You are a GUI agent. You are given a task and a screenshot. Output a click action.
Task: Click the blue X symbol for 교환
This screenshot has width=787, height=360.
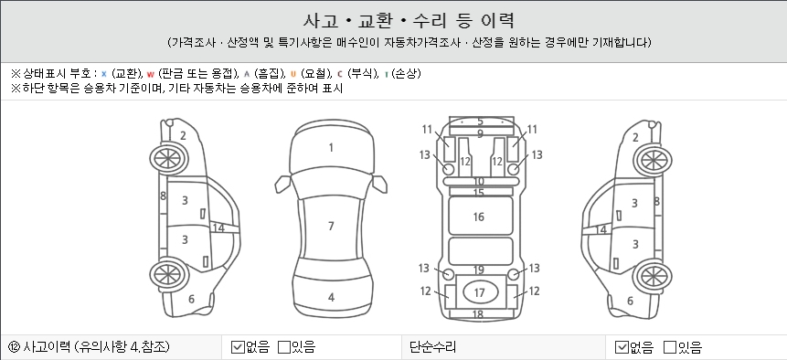pyautogui.click(x=104, y=74)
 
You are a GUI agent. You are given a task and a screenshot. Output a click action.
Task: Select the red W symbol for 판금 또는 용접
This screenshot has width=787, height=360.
pyautogui.click(x=151, y=75)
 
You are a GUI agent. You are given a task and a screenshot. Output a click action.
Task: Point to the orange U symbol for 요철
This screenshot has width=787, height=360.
pyautogui.click(x=293, y=74)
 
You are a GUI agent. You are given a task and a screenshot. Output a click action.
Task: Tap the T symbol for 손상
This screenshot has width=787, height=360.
pyautogui.click(x=386, y=75)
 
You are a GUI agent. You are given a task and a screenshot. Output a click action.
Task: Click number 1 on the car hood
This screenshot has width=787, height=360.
pyautogui.click(x=331, y=147)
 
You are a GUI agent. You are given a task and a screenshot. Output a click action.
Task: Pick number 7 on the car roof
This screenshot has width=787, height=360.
pyautogui.click(x=331, y=226)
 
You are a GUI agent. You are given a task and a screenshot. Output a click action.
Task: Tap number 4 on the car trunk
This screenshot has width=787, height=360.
pyautogui.click(x=331, y=297)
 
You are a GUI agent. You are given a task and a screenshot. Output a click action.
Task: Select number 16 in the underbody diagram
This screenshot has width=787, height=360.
pyautogui.click(x=478, y=217)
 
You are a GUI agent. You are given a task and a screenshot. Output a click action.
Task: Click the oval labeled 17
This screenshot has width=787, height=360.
pyautogui.click(x=480, y=291)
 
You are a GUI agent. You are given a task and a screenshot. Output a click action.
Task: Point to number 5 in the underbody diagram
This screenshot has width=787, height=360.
pyautogui.click(x=480, y=122)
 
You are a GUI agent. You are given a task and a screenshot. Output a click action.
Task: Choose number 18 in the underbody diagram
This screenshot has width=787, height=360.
pyautogui.click(x=478, y=314)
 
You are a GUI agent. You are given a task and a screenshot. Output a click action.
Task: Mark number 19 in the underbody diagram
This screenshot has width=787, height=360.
pyautogui.click(x=479, y=270)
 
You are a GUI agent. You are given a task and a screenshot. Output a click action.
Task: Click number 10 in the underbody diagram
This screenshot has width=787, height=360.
pyautogui.click(x=479, y=181)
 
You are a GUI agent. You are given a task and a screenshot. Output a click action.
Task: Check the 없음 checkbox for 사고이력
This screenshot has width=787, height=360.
pyautogui.click(x=238, y=347)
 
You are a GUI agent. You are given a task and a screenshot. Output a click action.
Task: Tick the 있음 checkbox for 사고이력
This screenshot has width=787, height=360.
pyautogui.click(x=284, y=347)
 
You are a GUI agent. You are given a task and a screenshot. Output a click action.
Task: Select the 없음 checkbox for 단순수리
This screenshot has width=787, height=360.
pyautogui.click(x=622, y=347)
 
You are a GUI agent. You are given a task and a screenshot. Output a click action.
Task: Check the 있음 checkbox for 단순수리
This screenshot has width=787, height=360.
pyautogui.click(x=670, y=347)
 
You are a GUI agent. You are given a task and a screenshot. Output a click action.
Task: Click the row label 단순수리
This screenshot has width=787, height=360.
pyautogui.click(x=432, y=347)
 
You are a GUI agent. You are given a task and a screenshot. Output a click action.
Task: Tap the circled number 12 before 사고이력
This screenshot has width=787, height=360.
pyautogui.click(x=14, y=347)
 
